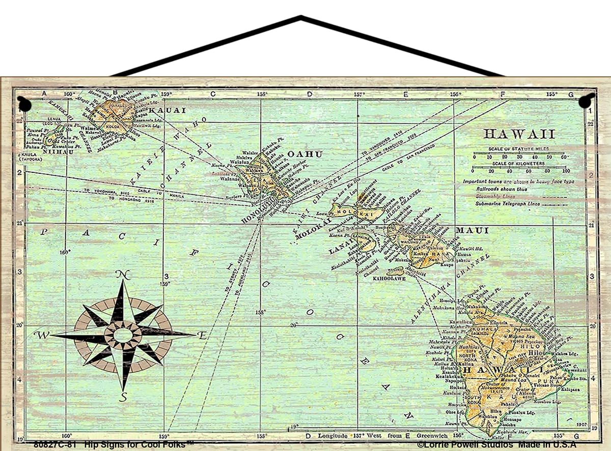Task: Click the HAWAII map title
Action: pos(519,134)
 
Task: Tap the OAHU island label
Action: pos(305,154)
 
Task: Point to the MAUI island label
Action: pos(471,231)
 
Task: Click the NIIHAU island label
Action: pos(58,151)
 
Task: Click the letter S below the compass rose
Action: pos(123,397)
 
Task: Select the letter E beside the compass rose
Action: pos(202,335)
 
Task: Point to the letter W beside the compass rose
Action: pos(41,335)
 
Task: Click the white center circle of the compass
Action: pos(123,336)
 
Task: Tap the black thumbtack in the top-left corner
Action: pos(23,104)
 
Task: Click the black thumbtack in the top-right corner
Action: pos(586,101)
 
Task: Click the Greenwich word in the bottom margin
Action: pos(432,436)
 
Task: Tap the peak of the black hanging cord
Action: pos(301,18)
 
